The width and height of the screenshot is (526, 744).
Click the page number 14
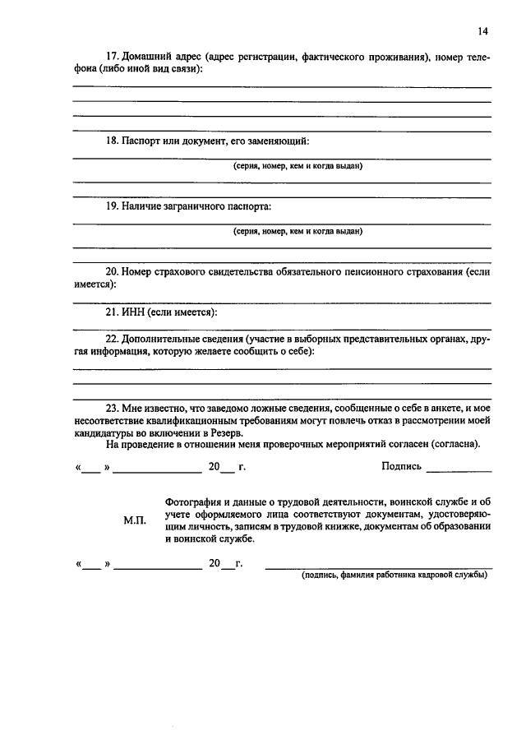tap(482, 31)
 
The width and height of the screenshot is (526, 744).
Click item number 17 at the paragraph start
tap(113, 57)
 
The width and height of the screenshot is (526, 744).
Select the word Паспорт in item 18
tap(142, 141)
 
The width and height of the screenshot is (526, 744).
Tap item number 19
tap(113, 206)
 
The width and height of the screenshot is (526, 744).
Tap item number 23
tap(113, 407)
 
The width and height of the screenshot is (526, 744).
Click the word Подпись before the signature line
tap(402, 467)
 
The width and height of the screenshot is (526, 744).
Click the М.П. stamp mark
tap(135, 521)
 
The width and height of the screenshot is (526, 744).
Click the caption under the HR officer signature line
tap(394, 575)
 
